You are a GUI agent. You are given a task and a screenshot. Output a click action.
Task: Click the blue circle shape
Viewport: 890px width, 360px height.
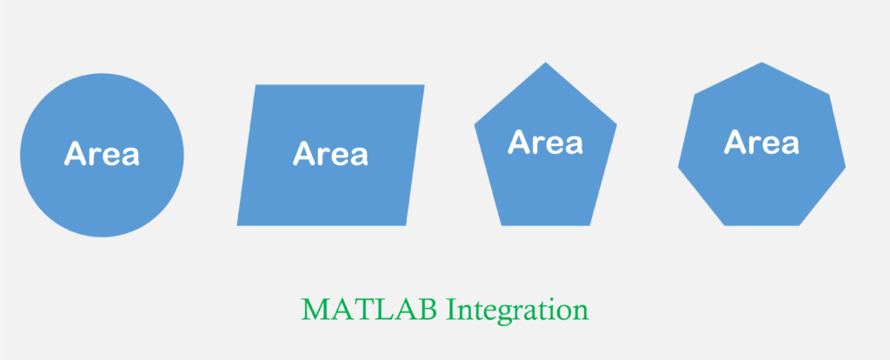[x=103, y=155]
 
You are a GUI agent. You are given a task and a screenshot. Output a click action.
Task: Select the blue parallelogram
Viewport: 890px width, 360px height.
[x=330, y=155]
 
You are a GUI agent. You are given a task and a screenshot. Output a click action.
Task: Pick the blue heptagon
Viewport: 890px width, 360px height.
[x=761, y=148]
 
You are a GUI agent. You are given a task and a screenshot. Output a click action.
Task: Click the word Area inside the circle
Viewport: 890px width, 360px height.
[x=102, y=153]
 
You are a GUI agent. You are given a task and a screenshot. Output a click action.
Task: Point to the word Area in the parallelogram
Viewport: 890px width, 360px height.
[x=330, y=153]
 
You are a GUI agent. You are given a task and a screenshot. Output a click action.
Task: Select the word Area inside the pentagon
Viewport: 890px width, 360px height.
[x=546, y=142]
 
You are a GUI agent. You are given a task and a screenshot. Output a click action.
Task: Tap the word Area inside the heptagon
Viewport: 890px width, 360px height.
[x=761, y=142]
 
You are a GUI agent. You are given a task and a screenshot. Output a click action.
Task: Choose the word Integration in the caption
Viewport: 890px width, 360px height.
[x=518, y=311]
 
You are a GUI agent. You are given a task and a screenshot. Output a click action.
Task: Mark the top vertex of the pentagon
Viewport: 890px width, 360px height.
[x=546, y=62]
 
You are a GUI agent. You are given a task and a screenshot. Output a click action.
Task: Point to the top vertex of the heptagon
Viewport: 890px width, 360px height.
[x=761, y=62]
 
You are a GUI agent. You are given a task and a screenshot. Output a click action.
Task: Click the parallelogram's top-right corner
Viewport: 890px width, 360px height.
[x=424, y=84]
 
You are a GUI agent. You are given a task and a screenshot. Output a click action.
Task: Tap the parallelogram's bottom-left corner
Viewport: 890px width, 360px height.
[x=236, y=225]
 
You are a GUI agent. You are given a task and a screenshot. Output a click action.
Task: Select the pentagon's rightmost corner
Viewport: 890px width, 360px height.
[x=617, y=123]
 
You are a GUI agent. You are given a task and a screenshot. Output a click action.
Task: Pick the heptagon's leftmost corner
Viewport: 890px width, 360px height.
[x=678, y=168]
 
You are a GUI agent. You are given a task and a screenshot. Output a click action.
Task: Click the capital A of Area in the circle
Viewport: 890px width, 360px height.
[x=75, y=153]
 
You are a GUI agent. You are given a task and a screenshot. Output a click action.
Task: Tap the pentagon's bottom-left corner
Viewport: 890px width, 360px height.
[x=501, y=225]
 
